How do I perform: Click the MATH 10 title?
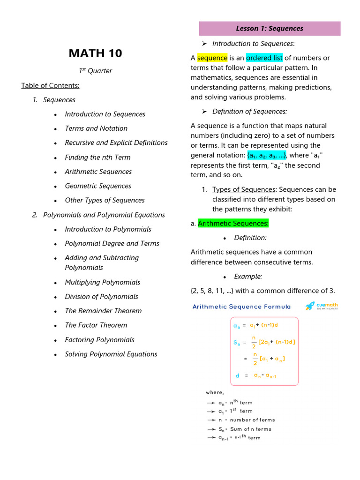click(x=95, y=53)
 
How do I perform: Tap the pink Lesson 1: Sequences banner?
click(x=270, y=29)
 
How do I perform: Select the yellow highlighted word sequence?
click(x=212, y=58)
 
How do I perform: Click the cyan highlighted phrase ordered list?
click(x=264, y=58)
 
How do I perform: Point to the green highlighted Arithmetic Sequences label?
click(x=233, y=224)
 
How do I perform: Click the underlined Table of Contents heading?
click(x=50, y=85)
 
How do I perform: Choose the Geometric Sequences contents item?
click(x=98, y=186)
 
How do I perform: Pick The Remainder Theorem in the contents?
click(x=103, y=311)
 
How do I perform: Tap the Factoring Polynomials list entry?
click(x=99, y=340)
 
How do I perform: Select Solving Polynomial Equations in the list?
click(x=111, y=354)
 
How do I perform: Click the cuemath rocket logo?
click(x=310, y=306)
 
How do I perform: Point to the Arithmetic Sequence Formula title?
click(x=241, y=307)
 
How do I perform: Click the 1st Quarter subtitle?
click(x=95, y=71)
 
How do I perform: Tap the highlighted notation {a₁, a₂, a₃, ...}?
click(x=267, y=156)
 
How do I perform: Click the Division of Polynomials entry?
click(x=101, y=296)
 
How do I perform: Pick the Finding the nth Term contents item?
click(x=97, y=157)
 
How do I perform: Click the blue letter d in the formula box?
click(x=237, y=375)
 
